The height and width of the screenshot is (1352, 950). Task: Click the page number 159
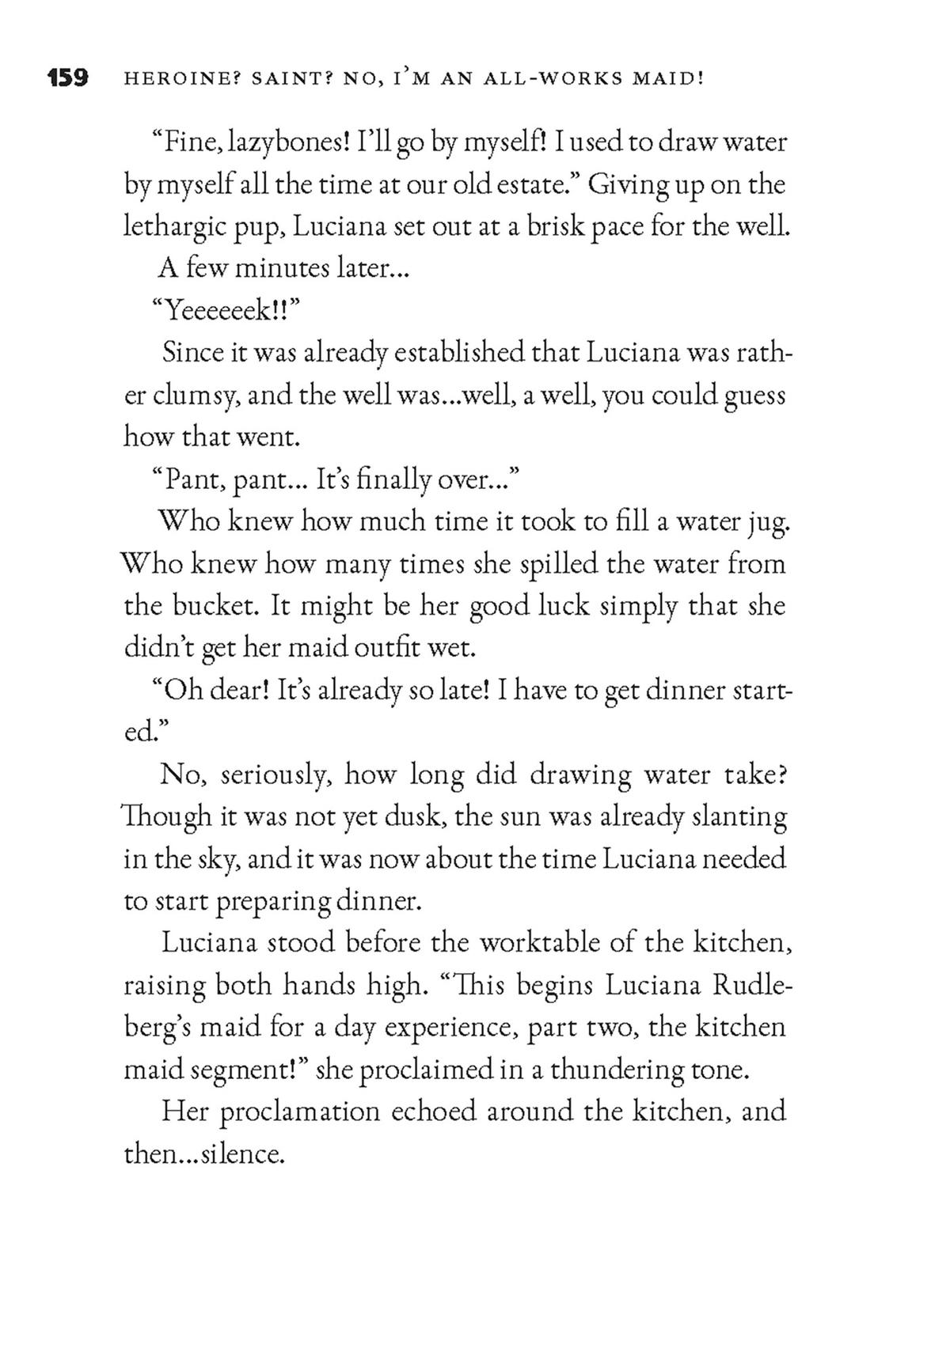(67, 79)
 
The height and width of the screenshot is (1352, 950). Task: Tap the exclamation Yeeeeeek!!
(224, 311)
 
